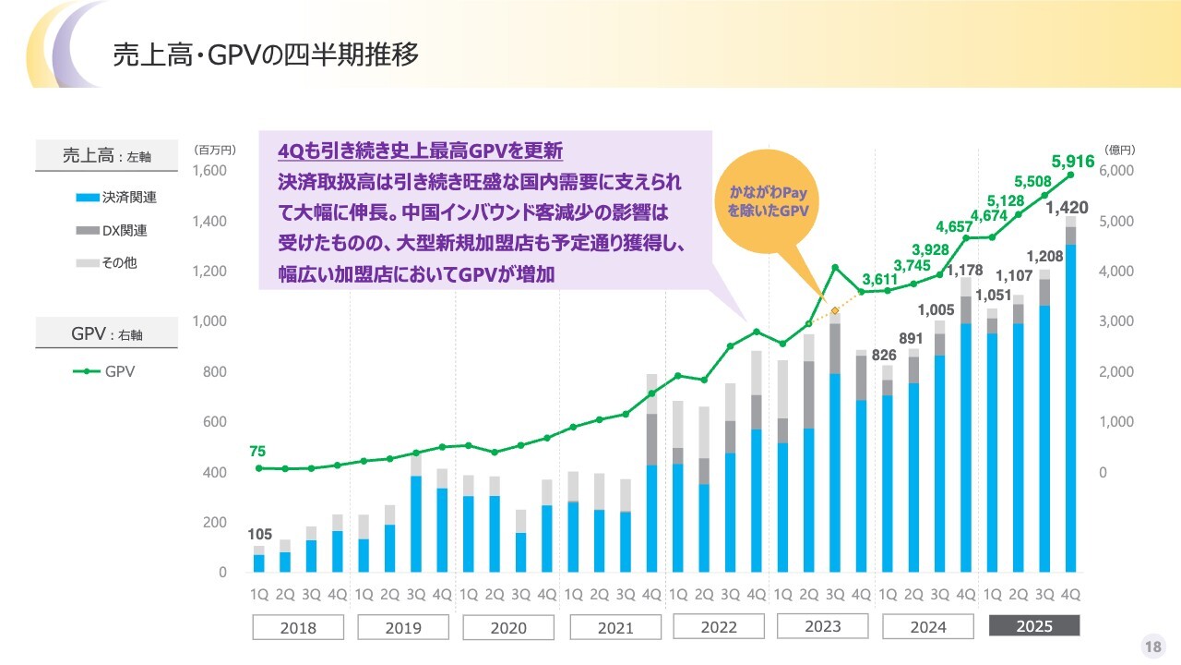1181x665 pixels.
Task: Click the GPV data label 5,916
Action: [x=1072, y=162]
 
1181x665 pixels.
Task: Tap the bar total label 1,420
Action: [x=1067, y=208]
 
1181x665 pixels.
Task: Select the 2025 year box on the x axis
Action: [x=1033, y=627]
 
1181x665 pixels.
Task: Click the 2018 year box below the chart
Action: [x=297, y=628]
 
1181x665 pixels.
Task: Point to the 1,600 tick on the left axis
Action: [x=209, y=171]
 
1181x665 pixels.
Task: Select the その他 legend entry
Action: [x=108, y=262]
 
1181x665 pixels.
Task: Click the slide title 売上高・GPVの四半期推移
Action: [x=266, y=54]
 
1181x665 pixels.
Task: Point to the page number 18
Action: [x=1152, y=647]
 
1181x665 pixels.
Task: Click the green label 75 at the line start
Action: [x=257, y=452]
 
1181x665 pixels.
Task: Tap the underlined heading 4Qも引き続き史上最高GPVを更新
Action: [x=421, y=151]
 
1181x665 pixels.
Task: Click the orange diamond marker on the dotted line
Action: [x=834, y=311]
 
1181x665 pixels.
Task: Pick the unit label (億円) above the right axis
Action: [x=1119, y=150]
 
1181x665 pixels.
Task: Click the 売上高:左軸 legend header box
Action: [x=106, y=156]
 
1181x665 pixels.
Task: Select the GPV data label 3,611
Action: [x=880, y=279]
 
